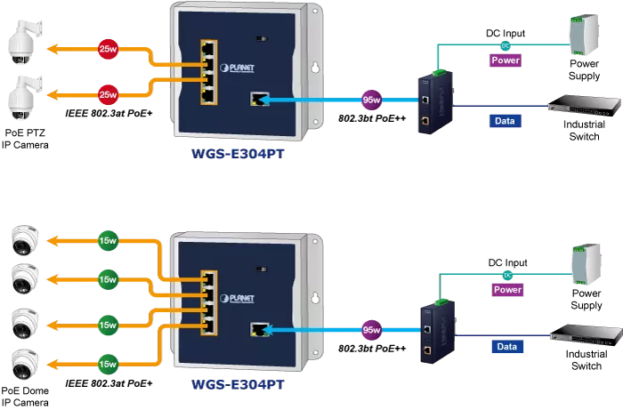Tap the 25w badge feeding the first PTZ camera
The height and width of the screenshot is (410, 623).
(108, 50)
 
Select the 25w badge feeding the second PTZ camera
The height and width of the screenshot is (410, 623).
(108, 93)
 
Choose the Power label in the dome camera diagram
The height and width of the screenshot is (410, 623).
(506, 290)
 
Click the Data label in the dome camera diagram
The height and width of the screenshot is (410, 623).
(506, 348)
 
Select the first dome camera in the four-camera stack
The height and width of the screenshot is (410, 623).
(23, 240)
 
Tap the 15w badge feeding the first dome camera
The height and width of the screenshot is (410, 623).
(108, 241)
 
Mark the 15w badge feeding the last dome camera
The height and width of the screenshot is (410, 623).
(108, 363)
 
